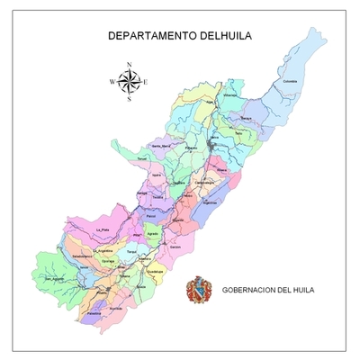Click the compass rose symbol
(130, 82)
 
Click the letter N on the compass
(130, 64)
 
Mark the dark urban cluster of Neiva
(213, 144)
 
